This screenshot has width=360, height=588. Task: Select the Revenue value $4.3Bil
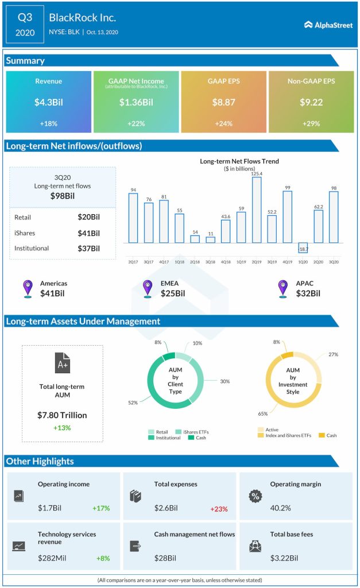coord(48,102)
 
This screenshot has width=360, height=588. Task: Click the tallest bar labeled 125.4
coord(257,210)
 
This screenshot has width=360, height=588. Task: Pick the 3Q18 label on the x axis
coord(210,262)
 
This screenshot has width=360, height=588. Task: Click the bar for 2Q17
coord(133,218)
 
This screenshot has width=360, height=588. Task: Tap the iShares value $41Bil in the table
coord(88,233)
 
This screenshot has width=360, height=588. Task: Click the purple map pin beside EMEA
coord(148,288)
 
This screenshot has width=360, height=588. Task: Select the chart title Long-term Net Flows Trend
coord(239,161)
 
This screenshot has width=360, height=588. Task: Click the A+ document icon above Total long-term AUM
coord(63,363)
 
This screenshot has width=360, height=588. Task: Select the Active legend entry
coord(270,429)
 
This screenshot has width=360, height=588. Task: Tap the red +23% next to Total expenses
coord(219,508)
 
